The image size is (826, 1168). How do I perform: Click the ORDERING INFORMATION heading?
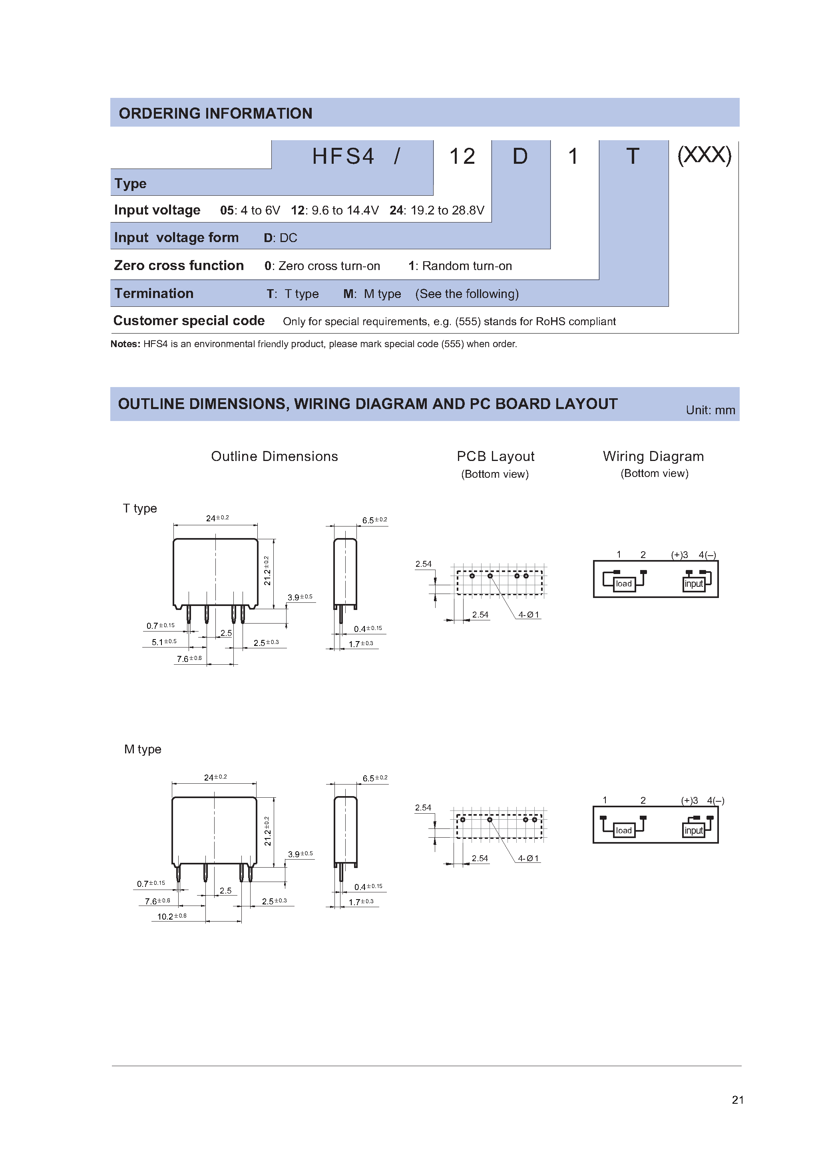[215, 113]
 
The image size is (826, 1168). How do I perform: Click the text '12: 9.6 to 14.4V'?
[334, 211]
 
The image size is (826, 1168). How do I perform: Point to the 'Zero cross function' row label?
[179, 266]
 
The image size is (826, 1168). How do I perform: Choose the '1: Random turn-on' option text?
[460, 266]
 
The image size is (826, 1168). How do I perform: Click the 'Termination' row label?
[154, 294]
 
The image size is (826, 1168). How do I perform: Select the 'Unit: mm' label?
[710, 410]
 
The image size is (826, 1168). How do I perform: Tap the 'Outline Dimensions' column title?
[274, 456]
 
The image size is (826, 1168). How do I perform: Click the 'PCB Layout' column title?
[495, 456]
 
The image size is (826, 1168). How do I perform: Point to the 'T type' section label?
[140, 508]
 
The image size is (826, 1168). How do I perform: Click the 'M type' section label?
[143, 749]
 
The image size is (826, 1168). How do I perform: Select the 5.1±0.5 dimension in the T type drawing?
[164, 642]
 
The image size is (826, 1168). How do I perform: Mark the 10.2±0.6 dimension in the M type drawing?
[171, 916]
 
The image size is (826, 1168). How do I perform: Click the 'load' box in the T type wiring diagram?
[623, 584]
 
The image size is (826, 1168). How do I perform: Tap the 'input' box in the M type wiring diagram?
[693, 830]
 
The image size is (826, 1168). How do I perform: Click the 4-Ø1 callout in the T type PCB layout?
[528, 614]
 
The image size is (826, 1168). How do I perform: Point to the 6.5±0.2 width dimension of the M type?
[374, 778]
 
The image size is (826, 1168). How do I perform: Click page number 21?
[737, 1099]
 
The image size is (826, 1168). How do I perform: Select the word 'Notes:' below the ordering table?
[125, 344]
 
